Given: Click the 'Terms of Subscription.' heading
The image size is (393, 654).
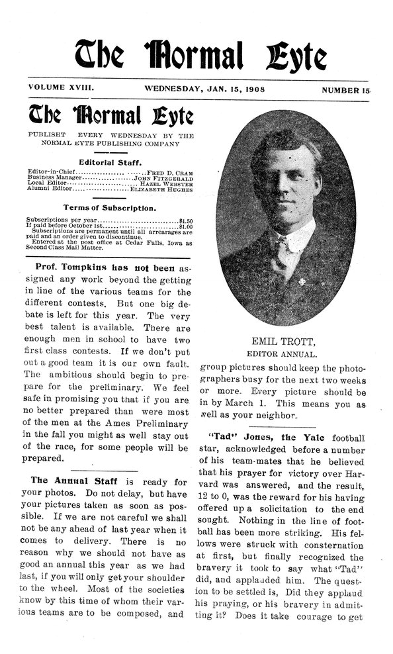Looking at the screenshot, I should (109, 208).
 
